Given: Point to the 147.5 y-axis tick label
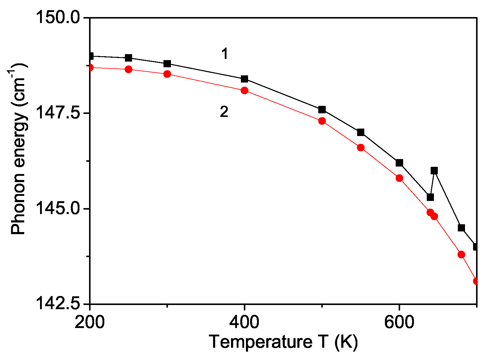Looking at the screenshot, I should click(57, 113).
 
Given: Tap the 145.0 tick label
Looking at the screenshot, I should click(57, 209).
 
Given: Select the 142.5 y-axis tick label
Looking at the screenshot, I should click(57, 304).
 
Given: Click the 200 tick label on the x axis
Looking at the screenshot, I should click(89, 323).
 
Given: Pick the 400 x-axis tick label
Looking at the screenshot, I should click(244, 323).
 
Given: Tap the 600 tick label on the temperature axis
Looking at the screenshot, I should click(399, 323).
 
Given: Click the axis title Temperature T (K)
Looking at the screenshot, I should click(283, 342).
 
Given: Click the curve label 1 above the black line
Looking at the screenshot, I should click(225, 54).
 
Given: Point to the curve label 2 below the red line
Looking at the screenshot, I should click(224, 112).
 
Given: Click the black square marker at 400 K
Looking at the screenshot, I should click(244, 79).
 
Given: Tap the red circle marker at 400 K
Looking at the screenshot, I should click(244, 90).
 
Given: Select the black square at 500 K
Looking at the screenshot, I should click(322, 109).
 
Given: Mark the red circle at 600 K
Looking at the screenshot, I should click(399, 178).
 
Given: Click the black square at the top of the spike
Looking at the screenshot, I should click(434, 171).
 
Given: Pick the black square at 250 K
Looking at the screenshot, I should click(129, 58).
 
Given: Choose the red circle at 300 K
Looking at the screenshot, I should click(167, 74).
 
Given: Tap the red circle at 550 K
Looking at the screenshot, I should click(361, 147).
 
